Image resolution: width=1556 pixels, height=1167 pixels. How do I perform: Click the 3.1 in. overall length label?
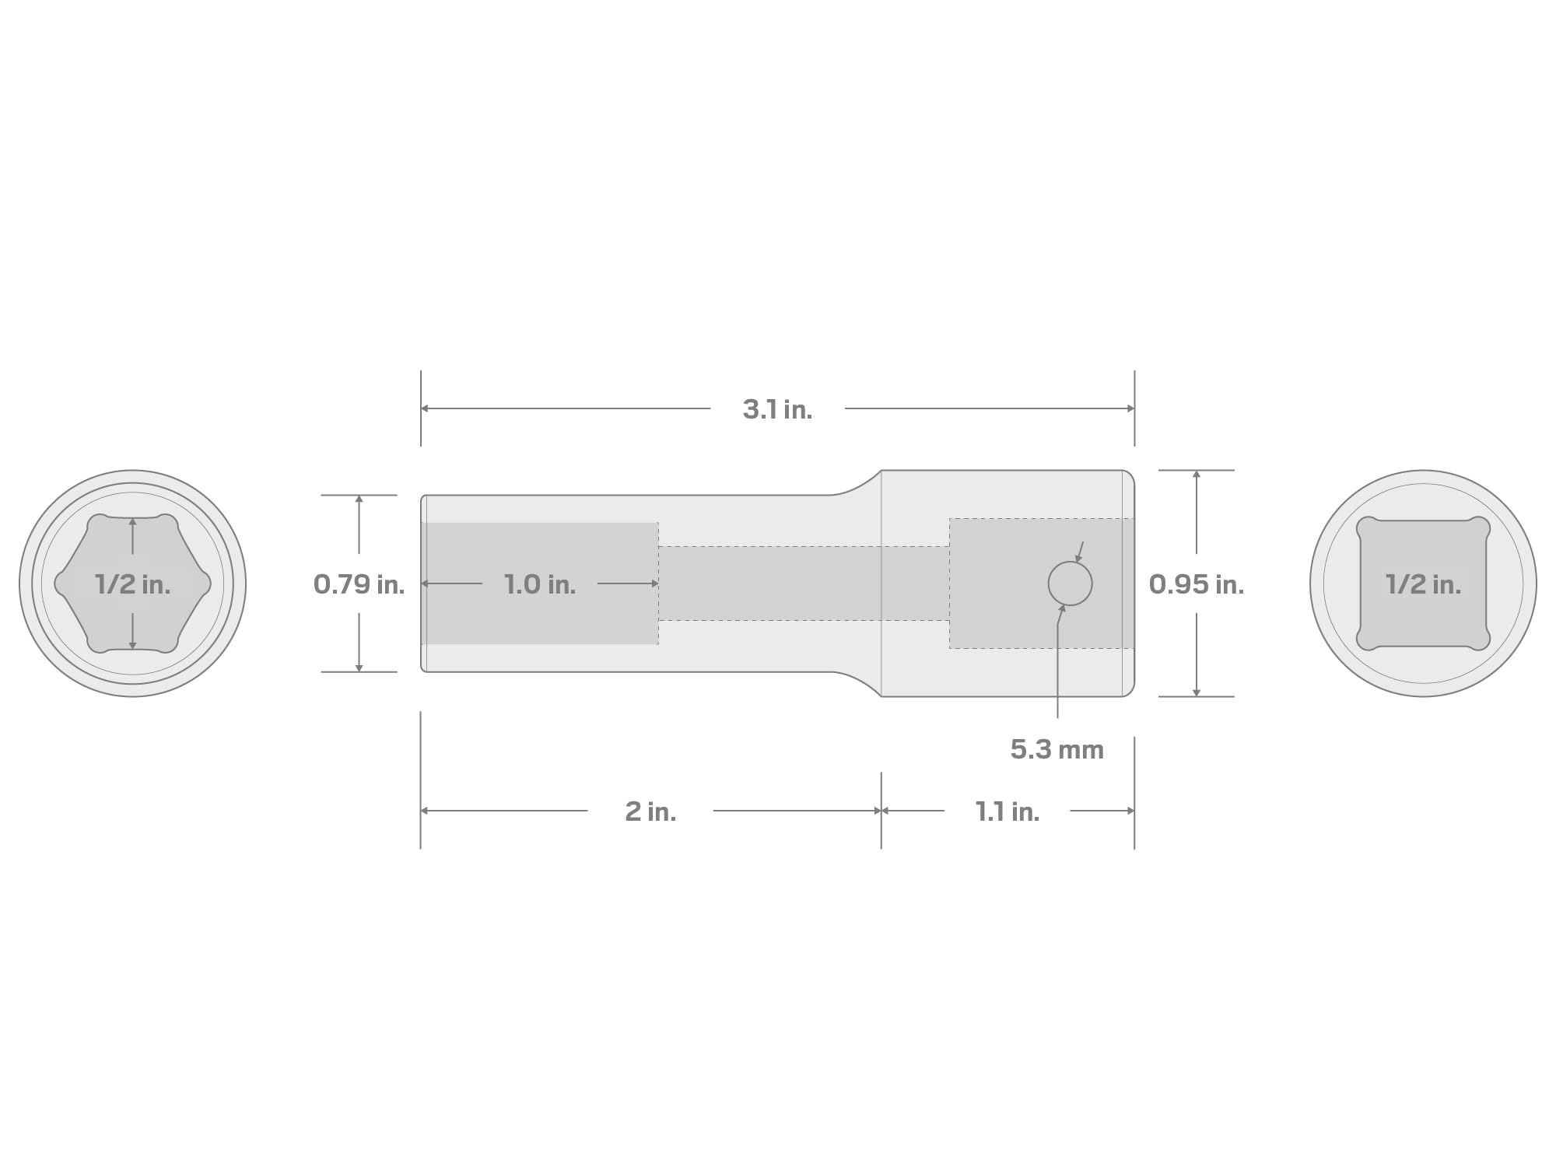coord(777,409)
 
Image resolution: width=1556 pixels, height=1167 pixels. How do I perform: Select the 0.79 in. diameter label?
coord(359,584)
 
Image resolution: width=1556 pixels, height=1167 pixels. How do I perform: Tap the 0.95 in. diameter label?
coord(1197,584)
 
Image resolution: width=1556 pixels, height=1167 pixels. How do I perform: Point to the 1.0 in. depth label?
coord(540,584)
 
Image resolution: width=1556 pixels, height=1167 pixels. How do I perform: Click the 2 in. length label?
coord(650,811)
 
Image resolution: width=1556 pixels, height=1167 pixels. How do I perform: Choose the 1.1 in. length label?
coord(1008,811)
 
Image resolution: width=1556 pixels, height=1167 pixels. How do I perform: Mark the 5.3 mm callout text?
coord(1057,749)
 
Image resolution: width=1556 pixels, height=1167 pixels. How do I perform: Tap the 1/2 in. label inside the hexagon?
coord(132,584)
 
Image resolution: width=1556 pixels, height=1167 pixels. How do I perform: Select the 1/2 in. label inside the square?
coord(1423,584)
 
